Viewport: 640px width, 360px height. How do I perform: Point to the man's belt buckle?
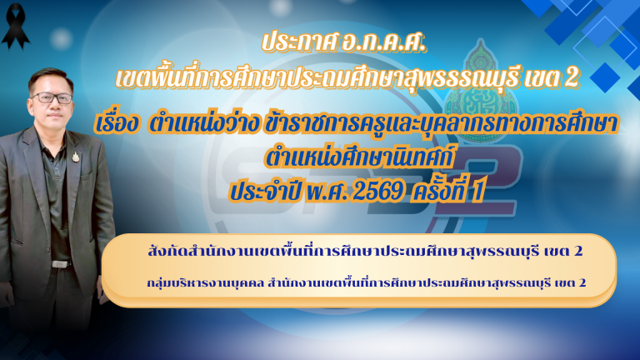(60, 263)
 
